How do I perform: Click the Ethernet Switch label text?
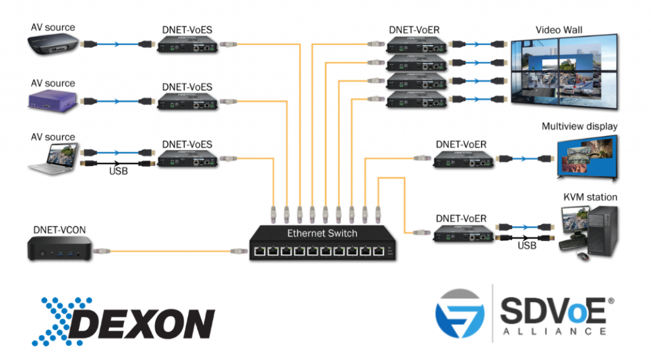click(x=322, y=233)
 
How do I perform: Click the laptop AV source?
click(x=53, y=158)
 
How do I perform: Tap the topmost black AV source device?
click(x=52, y=45)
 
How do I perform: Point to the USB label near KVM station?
click(x=528, y=245)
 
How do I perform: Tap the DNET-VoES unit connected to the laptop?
click(x=187, y=159)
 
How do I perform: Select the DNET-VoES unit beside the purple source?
click(x=187, y=101)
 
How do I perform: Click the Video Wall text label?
click(x=558, y=29)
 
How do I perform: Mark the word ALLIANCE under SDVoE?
click(x=553, y=331)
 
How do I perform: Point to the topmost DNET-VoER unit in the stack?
click(x=415, y=44)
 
